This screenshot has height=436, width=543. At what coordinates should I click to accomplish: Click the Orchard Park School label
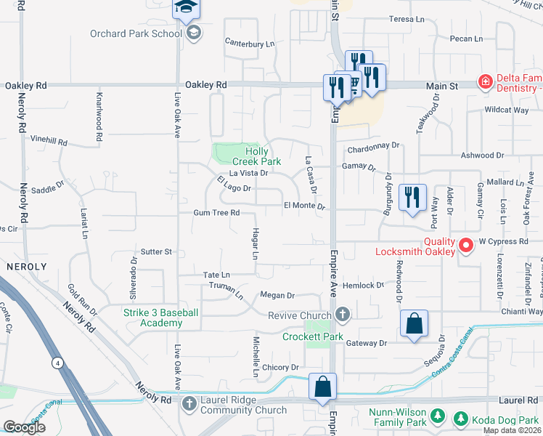pyautogui.click(x=136, y=33)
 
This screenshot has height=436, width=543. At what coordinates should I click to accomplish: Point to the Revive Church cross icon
pyautogui.click(x=343, y=315)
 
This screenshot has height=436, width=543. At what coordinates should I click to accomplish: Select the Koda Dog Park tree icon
pyautogui.click(x=459, y=419)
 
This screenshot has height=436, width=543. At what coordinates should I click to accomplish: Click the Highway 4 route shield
pyautogui.click(x=56, y=361)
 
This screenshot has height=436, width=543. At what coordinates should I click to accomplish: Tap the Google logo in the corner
pyautogui.click(x=24, y=427)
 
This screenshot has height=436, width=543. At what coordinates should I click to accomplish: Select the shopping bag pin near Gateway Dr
pyautogui.click(x=413, y=324)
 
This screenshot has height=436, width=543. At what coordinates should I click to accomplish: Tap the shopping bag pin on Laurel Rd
pyautogui.click(x=322, y=387)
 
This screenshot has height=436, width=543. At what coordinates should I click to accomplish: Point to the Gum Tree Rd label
pyautogui.click(x=216, y=213)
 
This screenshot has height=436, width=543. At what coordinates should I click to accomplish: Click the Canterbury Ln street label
pyautogui.click(x=250, y=44)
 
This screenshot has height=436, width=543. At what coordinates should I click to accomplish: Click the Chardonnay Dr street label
pyautogui.click(x=374, y=145)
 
